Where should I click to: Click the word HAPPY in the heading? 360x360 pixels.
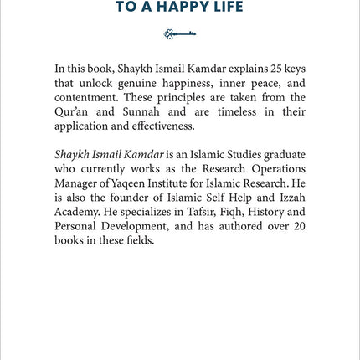190,8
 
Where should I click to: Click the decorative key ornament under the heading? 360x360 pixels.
180,34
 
